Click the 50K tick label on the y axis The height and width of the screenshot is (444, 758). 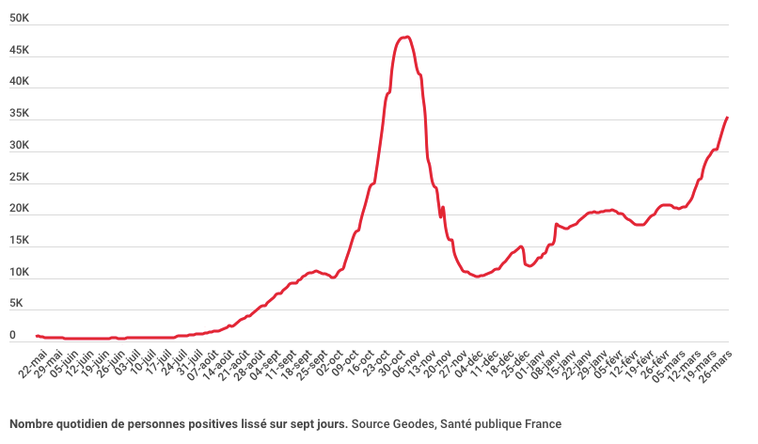pyautogui.click(x=19, y=18)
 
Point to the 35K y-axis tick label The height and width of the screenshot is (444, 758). pyautogui.click(x=19, y=114)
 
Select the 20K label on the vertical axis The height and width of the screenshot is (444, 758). pyautogui.click(x=19, y=209)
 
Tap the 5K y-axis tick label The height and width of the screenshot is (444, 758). pyautogui.click(x=16, y=304)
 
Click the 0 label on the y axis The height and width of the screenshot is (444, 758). pyautogui.click(x=12, y=335)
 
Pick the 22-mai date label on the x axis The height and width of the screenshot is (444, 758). pyautogui.click(x=34, y=361)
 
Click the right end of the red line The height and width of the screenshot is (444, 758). pyautogui.click(x=728, y=118)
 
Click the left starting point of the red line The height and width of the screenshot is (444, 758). pyautogui.click(x=37, y=335)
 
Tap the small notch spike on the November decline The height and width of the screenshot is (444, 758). pyautogui.click(x=443, y=208)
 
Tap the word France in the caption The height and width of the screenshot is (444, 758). pyautogui.click(x=544, y=424)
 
